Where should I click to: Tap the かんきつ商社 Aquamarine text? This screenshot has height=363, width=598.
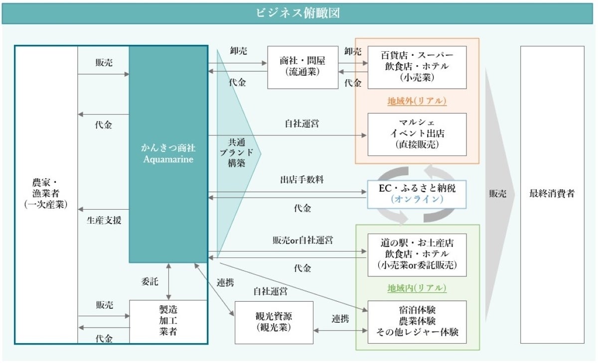[x=168, y=153]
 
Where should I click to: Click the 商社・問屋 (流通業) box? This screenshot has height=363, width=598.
[x=302, y=67]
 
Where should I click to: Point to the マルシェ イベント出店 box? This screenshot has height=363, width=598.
[x=417, y=134]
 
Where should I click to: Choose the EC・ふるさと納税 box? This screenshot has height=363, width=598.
[x=417, y=194]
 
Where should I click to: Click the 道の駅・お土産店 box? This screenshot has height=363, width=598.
[x=417, y=254]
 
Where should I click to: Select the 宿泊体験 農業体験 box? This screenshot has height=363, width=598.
[x=417, y=322]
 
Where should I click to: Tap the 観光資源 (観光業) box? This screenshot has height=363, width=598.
[x=274, y=322]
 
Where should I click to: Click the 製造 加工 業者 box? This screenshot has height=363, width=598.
[x=168, y=321]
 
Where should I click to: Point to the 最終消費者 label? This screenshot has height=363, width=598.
[x=552, y=194]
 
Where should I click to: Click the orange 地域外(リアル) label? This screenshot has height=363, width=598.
[x=417, y=101]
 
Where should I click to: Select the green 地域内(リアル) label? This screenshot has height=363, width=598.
[x=417, y=288]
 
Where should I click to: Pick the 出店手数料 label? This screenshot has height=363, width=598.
[x=302, y=180]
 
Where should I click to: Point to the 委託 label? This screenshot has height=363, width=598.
[x=149, y=282]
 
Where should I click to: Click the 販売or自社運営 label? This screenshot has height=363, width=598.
[x=302, y=241]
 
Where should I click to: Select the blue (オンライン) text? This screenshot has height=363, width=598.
[x=417, y=199]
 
